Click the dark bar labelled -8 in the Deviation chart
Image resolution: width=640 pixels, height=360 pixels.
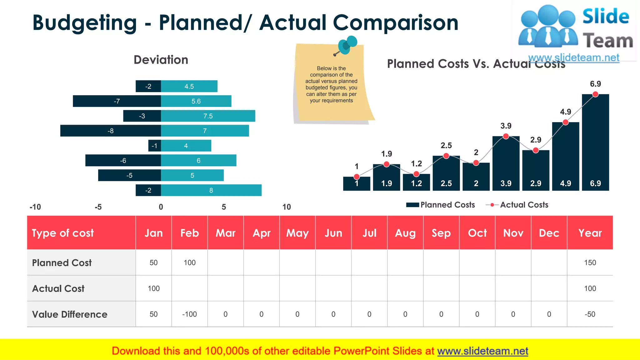(110, 131)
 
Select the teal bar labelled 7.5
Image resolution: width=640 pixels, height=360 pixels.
(208, 116)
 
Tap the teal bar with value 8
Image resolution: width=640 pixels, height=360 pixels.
(211, 190)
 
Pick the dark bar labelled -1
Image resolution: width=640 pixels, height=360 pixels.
(154, 146)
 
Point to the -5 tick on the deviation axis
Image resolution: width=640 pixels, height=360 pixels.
(98, 207)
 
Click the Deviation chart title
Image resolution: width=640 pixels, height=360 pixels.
(161, 60)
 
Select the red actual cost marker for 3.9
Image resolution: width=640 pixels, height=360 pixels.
(506, 136)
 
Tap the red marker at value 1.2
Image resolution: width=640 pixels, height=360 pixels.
(416, 174)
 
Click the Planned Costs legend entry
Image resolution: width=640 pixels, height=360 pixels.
(441, 205)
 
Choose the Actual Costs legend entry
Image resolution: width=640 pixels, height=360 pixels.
(517, 205)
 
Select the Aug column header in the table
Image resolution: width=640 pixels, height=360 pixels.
(405, 233)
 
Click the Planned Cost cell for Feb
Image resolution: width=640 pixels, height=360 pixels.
(189, 262)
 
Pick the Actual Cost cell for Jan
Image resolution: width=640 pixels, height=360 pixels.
(153, 288)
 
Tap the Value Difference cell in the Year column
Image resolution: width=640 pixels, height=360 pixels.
(590, 314)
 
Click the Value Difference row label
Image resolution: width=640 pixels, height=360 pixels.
(70, 314)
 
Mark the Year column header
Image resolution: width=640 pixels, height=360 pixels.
(590, 233)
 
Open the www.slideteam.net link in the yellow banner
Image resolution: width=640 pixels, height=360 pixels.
(482, 351)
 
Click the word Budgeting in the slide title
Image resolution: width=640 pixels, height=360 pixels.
(84, 23)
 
